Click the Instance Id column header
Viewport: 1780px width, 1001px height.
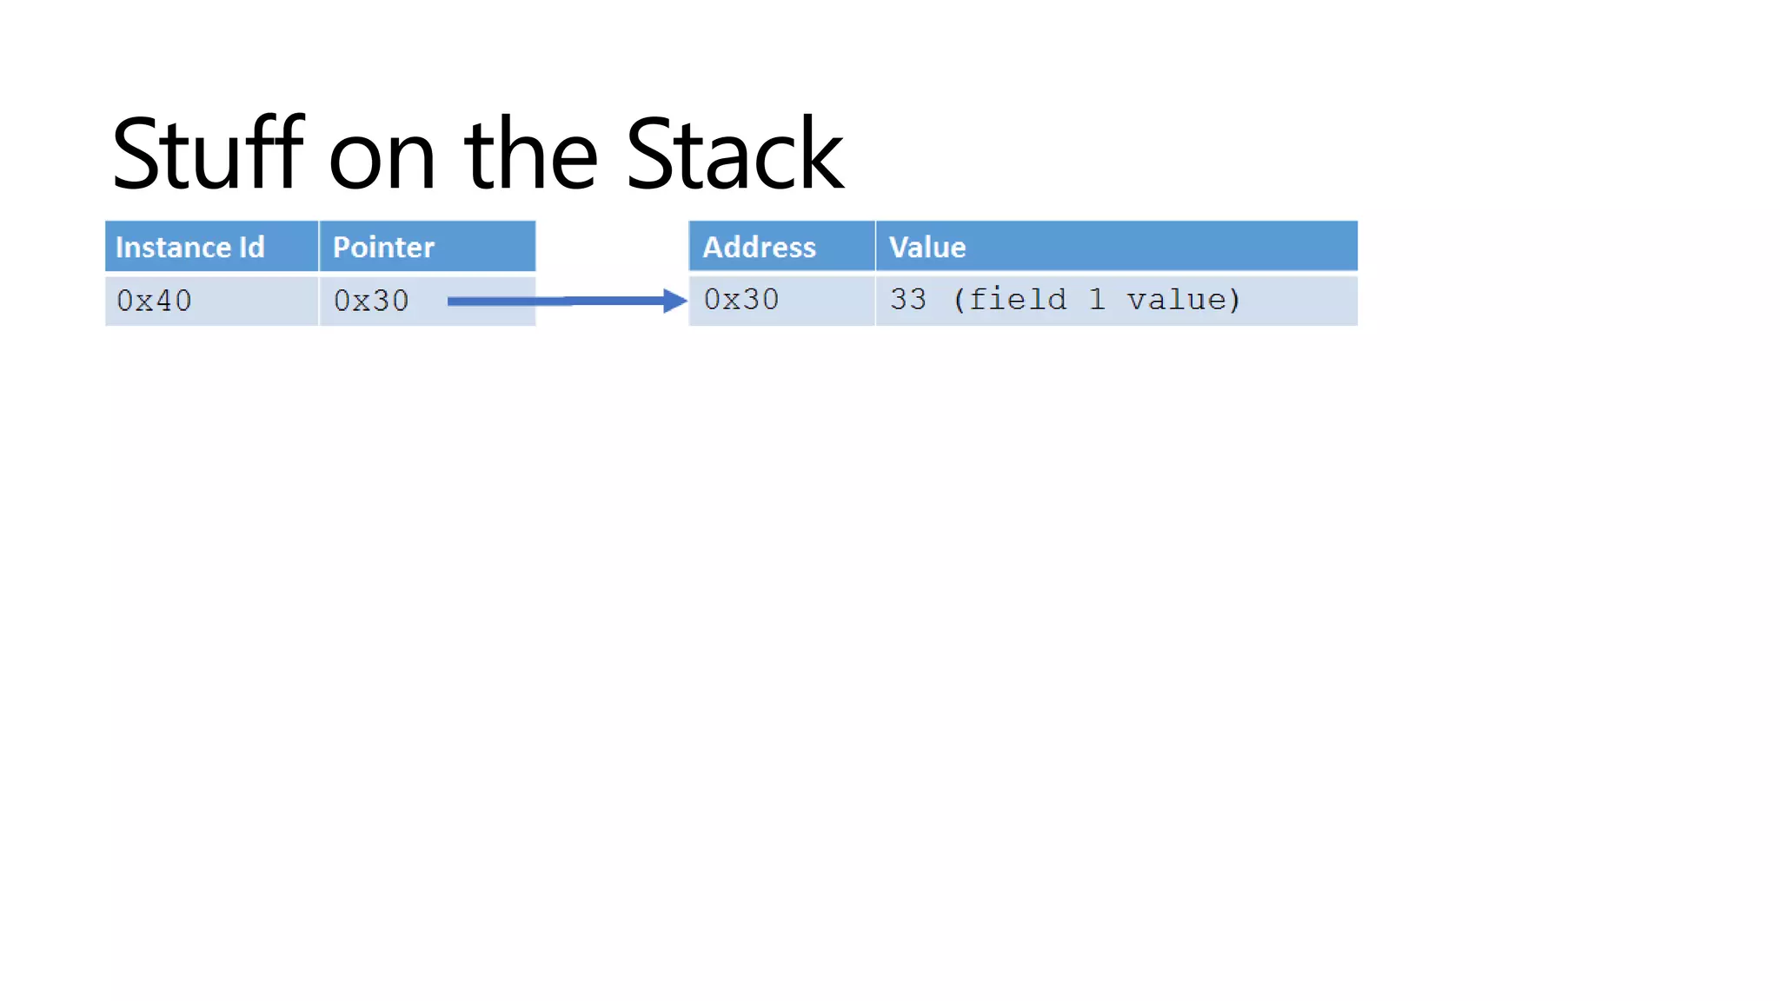click(x=189, y=248)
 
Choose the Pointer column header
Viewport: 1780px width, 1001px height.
click(x=383, y=248)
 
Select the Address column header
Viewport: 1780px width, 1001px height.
click(x=759, y=248)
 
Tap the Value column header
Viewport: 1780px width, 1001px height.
click(x=927, y=248)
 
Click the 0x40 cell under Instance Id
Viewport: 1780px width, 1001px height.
click(x=154, y=301)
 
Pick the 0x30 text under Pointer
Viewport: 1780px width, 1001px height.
click(x=371, y=301)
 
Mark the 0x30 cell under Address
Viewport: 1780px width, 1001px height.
click(x=741, y=300)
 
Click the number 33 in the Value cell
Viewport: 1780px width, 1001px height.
click(x=908, y=300)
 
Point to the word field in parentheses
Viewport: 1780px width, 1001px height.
click(x=1017, y=300)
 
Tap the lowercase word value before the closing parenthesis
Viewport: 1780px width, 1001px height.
click(x=1177, y=300)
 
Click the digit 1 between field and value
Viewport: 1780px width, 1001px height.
click(x=1097, y=300)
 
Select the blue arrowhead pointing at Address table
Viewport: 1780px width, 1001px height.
click(x=674, y=301)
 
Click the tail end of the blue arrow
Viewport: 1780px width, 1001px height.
click(x=452, y=302)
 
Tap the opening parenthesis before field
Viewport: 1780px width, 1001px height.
click(x=959, y=300)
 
